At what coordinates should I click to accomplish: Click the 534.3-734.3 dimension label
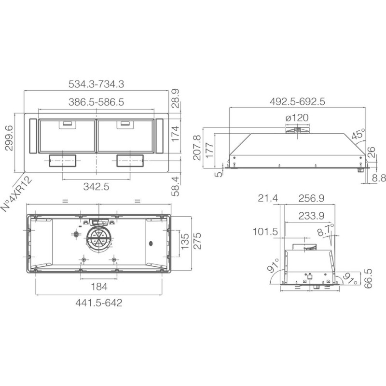pos(96,84)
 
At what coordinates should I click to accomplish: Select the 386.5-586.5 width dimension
pos(96,102)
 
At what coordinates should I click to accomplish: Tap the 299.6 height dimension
pos(9,138)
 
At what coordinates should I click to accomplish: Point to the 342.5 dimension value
pos(96,187)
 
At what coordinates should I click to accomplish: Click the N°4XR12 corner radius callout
pos(17,194)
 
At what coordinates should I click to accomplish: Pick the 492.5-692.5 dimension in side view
pos(297,101)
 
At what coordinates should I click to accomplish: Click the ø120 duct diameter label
pos(297,118)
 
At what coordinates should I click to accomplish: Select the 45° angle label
pos(358,134)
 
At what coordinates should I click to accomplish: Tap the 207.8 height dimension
pos(197,148)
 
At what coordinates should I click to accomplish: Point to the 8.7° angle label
pos(325,230)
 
